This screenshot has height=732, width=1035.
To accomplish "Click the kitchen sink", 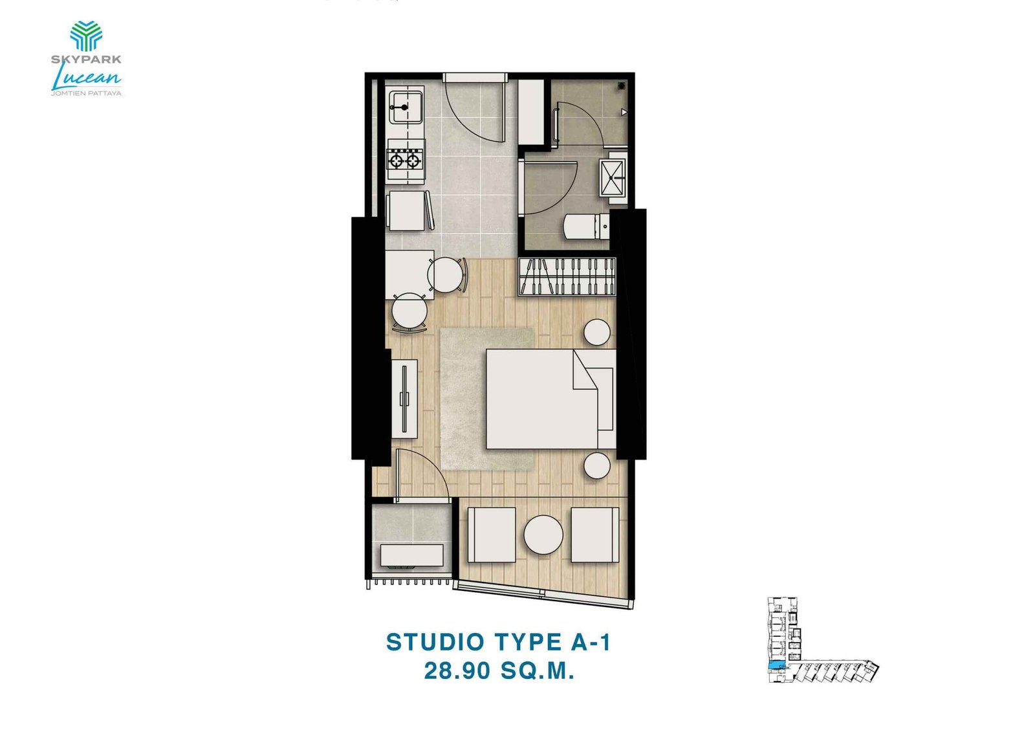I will pyautogui.click(x=405, y=107).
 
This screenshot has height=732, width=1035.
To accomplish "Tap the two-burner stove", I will pyautogui.click(x=404, y=159).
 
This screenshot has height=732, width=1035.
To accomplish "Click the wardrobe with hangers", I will pyautogui.click(x=567, y=276).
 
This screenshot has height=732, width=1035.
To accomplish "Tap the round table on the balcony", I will pyautogui.click(x=543, y=535).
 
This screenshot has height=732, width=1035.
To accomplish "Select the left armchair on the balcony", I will pyautogui.click(x=492, y=535).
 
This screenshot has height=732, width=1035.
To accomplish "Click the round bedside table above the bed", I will pyautogui.click(x=597, y=332).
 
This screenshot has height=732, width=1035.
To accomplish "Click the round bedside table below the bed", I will pyautogui.click(x=597, y=466).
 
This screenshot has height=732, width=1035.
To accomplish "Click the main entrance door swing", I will pyautogui.click(x=475, y=110).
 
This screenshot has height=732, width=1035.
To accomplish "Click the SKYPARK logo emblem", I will pyautogui.click(x=86, y=36).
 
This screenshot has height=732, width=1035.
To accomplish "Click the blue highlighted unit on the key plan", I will pyautogui.click(x=774, y=666).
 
